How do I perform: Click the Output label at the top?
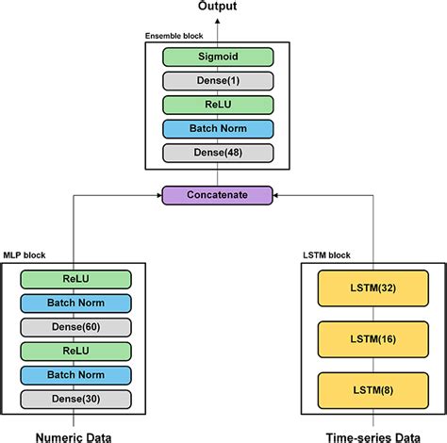tap(217, 8)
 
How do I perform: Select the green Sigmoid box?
tap(217, 57)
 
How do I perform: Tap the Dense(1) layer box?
tap(217, 80)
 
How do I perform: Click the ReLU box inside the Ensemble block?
tap(217, 105)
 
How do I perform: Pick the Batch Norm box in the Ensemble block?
tap(217, 128)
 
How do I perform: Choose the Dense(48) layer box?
tap(217, 153)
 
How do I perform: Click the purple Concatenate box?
tap(217, 195)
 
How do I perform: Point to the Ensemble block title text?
tap(174, 36)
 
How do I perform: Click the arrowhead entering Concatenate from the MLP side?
tap(158, 195)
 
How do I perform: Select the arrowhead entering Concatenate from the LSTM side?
tap(276, 195)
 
